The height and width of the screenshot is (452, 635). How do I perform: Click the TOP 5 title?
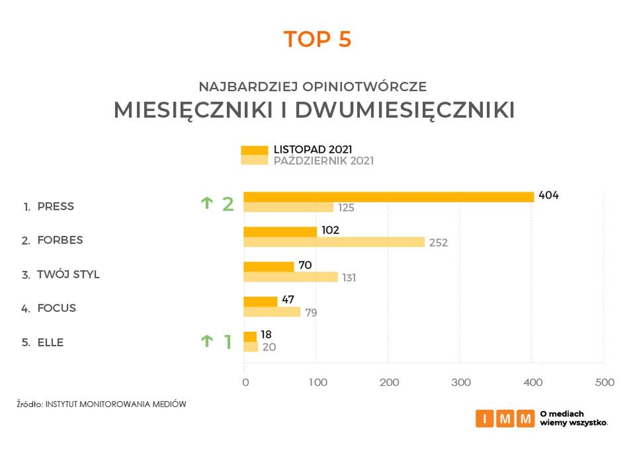tap(317, 40)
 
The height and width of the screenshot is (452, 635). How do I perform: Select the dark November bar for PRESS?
tap(388, 196)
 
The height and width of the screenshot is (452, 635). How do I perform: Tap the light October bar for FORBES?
tap(334, 242)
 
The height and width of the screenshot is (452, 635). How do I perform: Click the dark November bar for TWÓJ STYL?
tap(269, 266)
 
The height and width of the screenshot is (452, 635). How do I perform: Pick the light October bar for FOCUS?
tap(272, 312)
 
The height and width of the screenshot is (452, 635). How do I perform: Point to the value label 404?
tap(548, 196)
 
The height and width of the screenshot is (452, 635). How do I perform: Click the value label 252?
tap(437, 243)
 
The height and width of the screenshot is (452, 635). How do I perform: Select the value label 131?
tap(349, 278)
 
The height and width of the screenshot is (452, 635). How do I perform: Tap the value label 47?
tap(288, 300)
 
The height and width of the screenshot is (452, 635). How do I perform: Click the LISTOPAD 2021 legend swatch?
tap(254, 149)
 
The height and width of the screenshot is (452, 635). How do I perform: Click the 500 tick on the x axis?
tap(605, 383)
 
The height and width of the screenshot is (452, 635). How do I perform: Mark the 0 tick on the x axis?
tap(245, 383)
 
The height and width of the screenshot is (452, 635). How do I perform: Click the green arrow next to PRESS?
tap(206, 203)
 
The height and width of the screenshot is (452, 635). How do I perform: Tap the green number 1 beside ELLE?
tap(228, 342)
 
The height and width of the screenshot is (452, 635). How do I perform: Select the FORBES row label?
tap(60, 241)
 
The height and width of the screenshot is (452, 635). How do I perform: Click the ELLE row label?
tap(50, 342)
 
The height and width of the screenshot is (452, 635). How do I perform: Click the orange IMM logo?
tap(505, 418)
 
